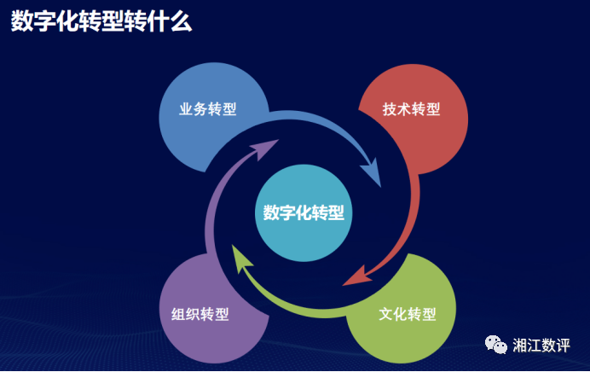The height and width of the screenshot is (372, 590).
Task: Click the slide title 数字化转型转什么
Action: click(101, 21)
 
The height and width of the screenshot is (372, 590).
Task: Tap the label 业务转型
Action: click(208, 109)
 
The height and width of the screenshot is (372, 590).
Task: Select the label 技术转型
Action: click(411, 109)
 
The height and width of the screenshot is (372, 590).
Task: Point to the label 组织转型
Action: click(200, 314)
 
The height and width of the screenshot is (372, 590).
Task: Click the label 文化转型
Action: click(408, 314)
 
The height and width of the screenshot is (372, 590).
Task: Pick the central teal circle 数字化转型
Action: click(304, 212)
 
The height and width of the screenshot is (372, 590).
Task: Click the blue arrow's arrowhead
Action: click(372, 172)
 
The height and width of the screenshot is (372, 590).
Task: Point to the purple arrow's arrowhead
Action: click(264, 148)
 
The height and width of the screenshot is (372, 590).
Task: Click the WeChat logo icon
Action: click(496, 345)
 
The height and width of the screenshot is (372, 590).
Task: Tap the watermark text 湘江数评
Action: click(541, 346)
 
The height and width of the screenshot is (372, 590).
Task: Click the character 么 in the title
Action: click(182, 21)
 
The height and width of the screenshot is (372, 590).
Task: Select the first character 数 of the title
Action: click(22, 21)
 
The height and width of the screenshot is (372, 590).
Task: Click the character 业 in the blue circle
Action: click(186, 109)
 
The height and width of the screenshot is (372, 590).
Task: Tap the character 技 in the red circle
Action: click(390, 109)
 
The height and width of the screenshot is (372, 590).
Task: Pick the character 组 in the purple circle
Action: click(178, 314)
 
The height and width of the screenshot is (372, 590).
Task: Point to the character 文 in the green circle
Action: click(385, 314)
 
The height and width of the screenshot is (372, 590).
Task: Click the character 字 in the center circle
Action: click(287, 212)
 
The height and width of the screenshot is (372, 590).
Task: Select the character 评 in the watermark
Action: click(564, 346)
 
